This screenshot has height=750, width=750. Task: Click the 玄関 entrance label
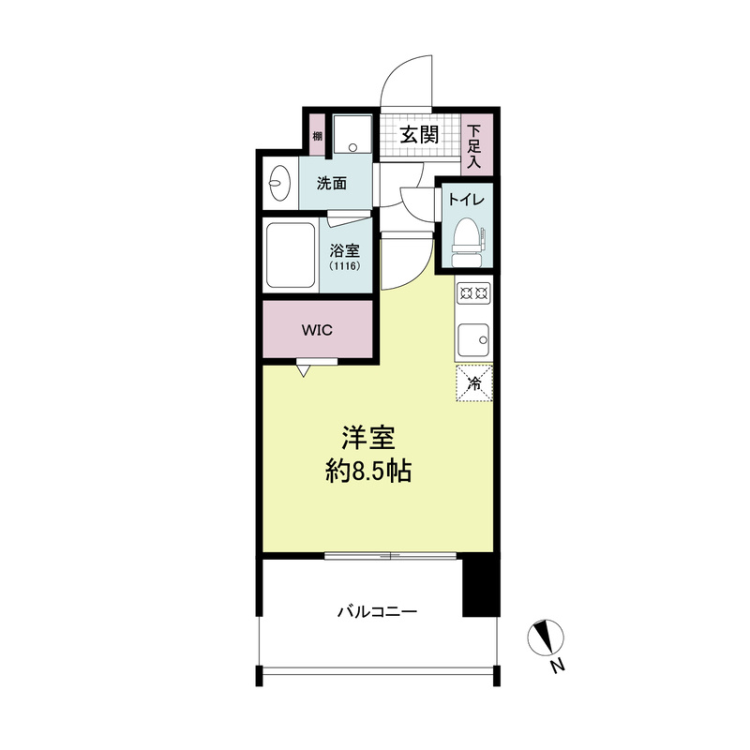coord(419,135)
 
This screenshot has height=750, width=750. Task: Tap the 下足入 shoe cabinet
coord(476,144)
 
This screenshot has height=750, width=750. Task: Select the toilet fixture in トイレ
coord(467,243)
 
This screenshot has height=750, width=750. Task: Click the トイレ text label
coord(466,200)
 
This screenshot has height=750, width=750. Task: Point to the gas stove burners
coord(473,292)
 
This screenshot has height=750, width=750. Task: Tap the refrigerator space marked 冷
coord(474,382)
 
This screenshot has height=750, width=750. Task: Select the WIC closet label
coord(317,330)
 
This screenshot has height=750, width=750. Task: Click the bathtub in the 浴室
coord(291,255)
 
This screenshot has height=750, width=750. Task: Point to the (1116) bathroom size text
coord(344,266)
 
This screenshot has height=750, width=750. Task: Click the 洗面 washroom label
coord(332,183)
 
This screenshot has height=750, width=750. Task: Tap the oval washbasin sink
coord(279,183)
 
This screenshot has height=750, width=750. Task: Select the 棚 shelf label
coord(317,136)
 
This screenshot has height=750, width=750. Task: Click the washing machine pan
coord(352,133)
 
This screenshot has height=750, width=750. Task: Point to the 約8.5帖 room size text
coord(368,472)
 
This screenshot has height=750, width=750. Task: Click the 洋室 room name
coord(368,438)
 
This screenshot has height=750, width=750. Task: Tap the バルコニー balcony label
coord(378,612)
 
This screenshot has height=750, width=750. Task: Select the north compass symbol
coord(546,637)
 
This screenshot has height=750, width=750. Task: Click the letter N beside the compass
coord(557,666)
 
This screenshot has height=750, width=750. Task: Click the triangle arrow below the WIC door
coord(303,370)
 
